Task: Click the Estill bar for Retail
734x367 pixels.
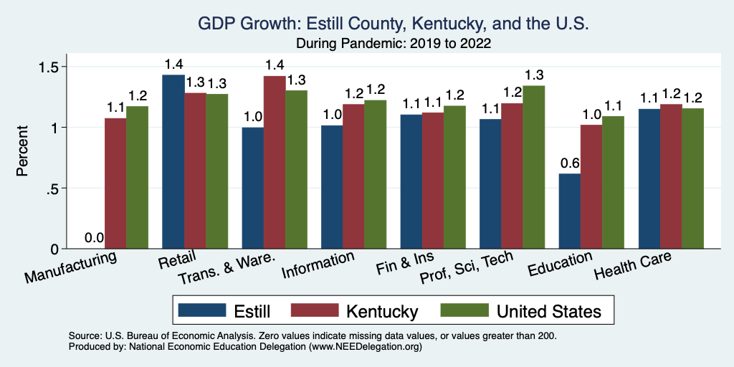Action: click(173, 162)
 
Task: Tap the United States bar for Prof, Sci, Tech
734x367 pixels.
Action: click(534, 168)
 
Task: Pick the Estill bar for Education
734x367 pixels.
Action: click(570, 211)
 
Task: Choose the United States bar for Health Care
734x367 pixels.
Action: click(693, 178)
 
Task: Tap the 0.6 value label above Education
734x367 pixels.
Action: click(569, 163)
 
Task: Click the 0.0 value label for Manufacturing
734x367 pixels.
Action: click(94, 238)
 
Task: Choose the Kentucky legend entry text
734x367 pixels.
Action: click(382, 311)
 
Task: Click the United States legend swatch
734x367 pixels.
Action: click(464, 310)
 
